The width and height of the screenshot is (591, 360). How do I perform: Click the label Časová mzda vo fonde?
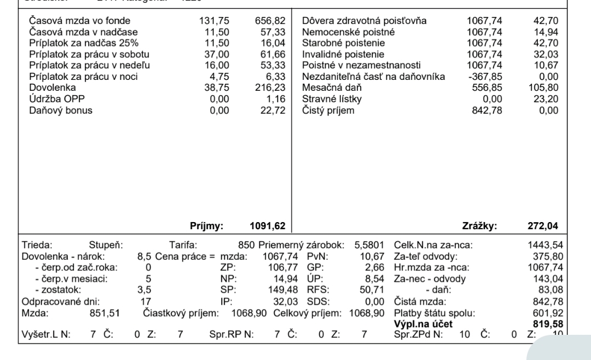(x=79, y=21)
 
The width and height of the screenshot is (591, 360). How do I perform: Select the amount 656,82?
(x=268, y=21)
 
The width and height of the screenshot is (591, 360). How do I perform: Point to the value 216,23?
(x=268, y=88)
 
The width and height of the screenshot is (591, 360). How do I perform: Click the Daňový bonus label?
(x=60, y=110)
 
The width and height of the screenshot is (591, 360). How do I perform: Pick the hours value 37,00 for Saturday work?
(x=218, y=55)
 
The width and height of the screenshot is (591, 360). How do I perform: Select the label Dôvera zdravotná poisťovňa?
(x=364, y=21)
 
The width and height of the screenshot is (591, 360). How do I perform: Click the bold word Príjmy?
(x=204, y=225)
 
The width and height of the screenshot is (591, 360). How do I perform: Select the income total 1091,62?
(x=265, y=225)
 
